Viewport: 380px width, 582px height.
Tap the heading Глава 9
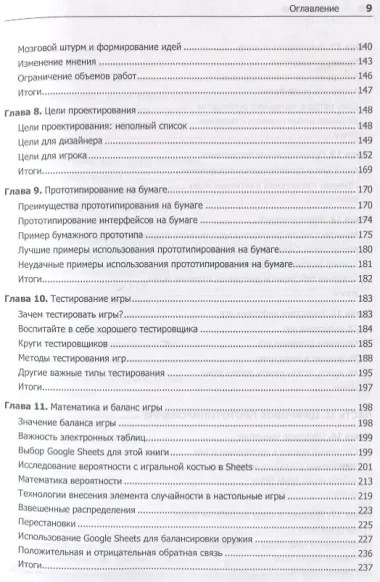(x=26, y=189)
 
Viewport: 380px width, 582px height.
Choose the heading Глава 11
(x=29, y=408)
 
